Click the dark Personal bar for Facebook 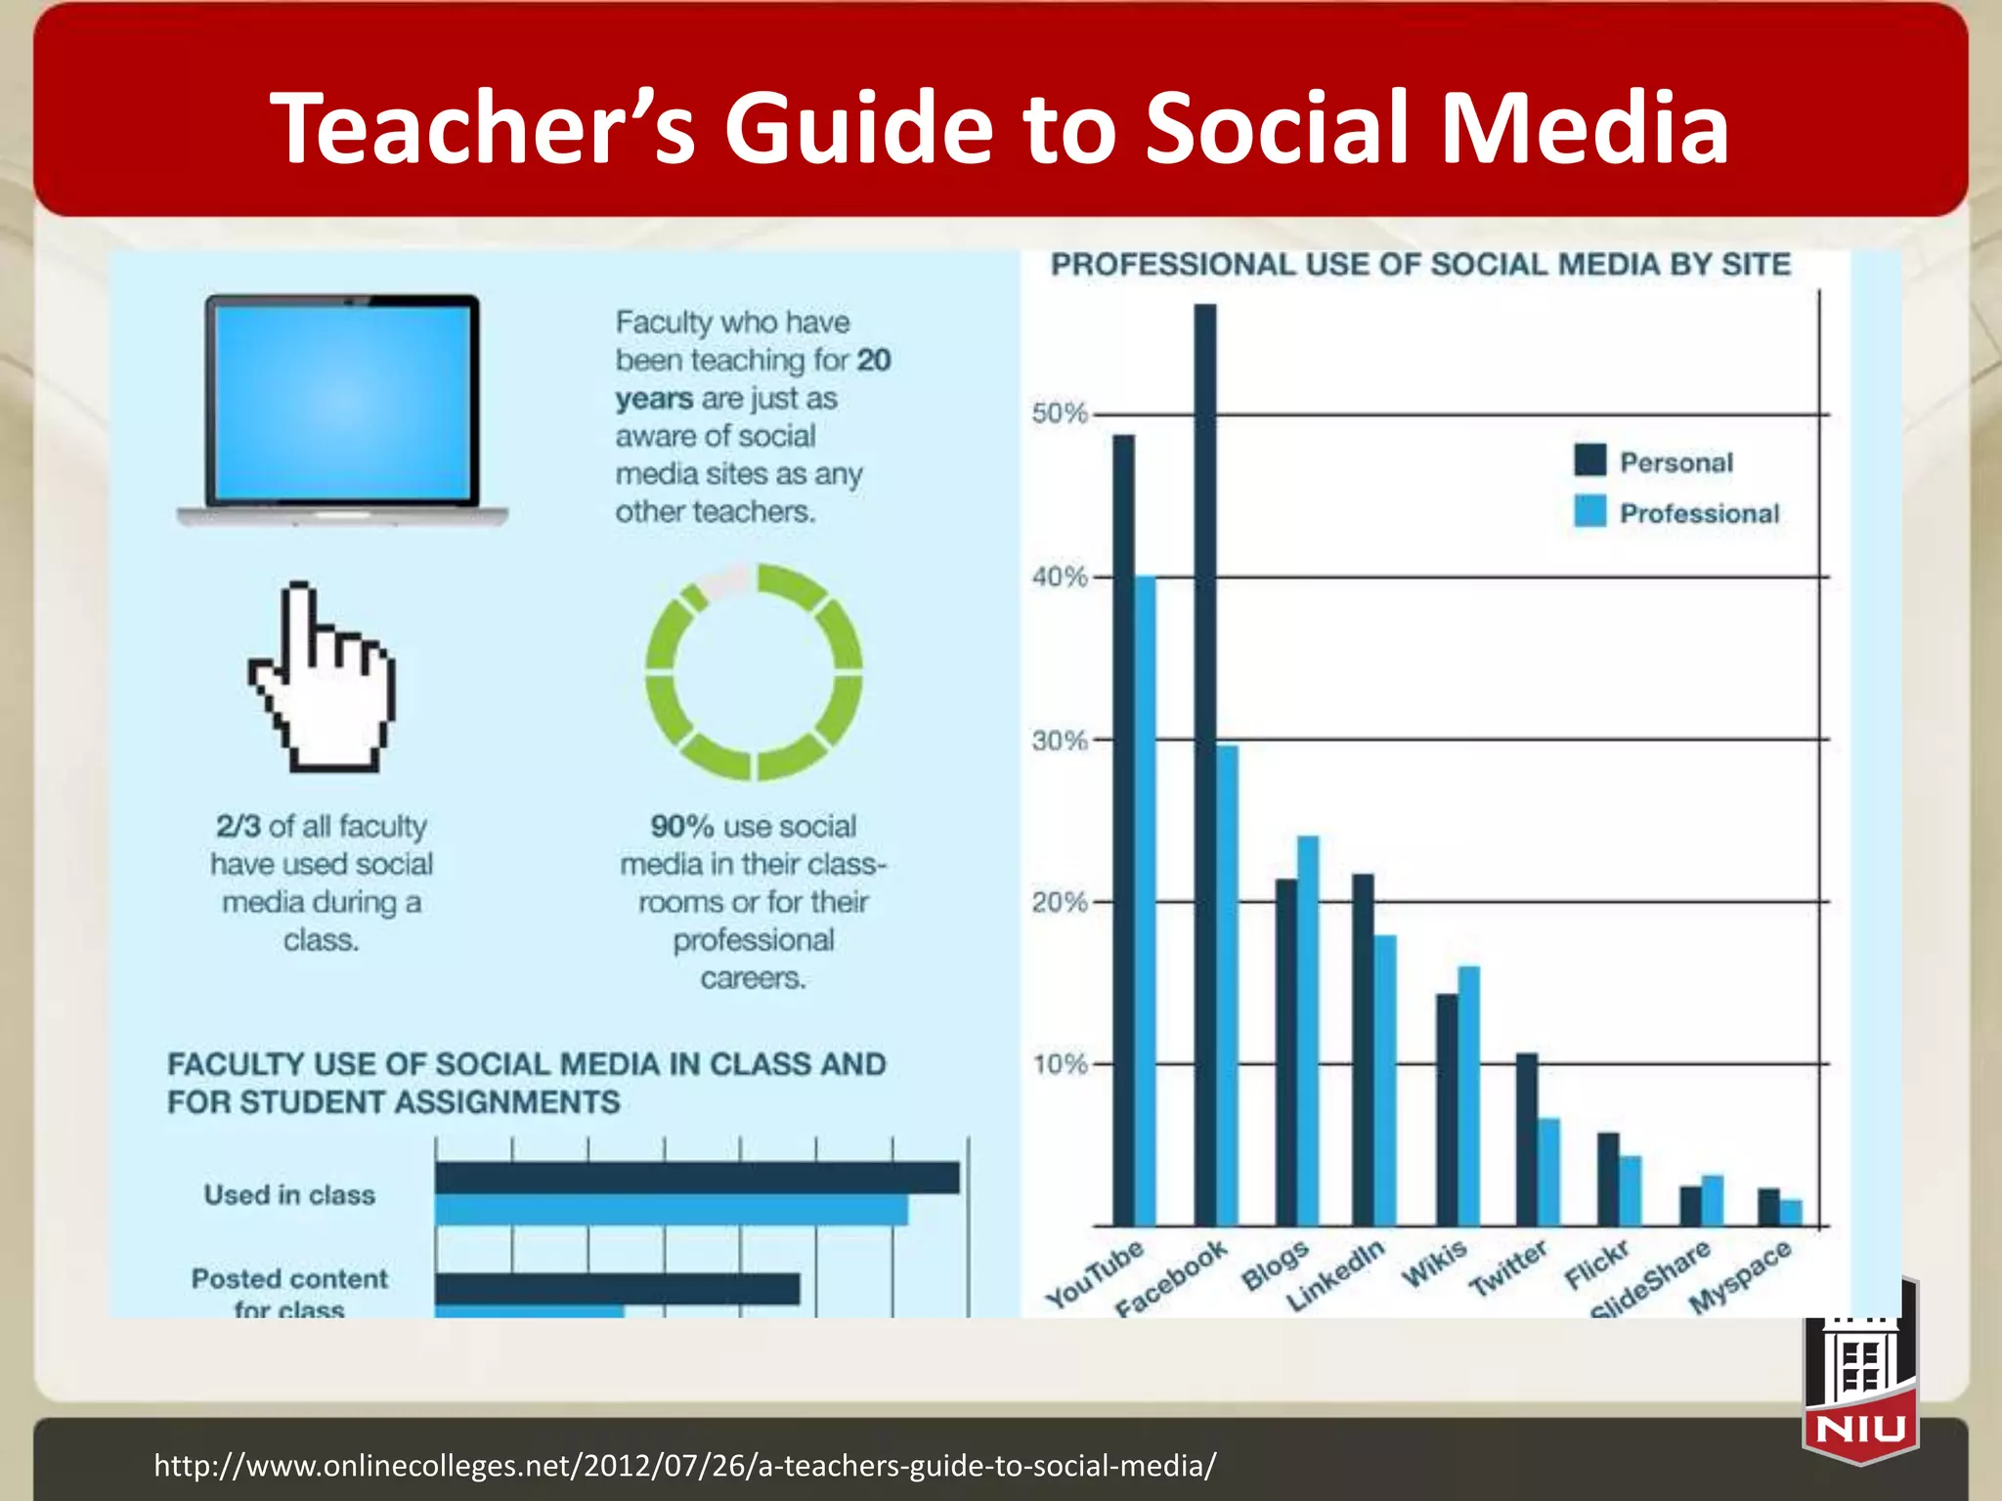point(1205,762)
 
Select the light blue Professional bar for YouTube point(1146,899)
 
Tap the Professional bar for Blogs point(1308,1031)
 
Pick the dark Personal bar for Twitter point(1526,1139)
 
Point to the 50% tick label point(1060,413)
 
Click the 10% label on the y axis point(1060,1064)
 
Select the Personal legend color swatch point(1590,460)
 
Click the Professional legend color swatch point(1590,511)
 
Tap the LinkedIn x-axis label point(1335,1275)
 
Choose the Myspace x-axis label point(1740,1275)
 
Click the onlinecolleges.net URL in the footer point(685,1466)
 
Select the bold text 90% point(682,827)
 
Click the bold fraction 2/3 point(239,827)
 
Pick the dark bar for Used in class point(696,1178)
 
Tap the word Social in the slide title point(1282,128)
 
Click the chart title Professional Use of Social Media point(1420,265)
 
